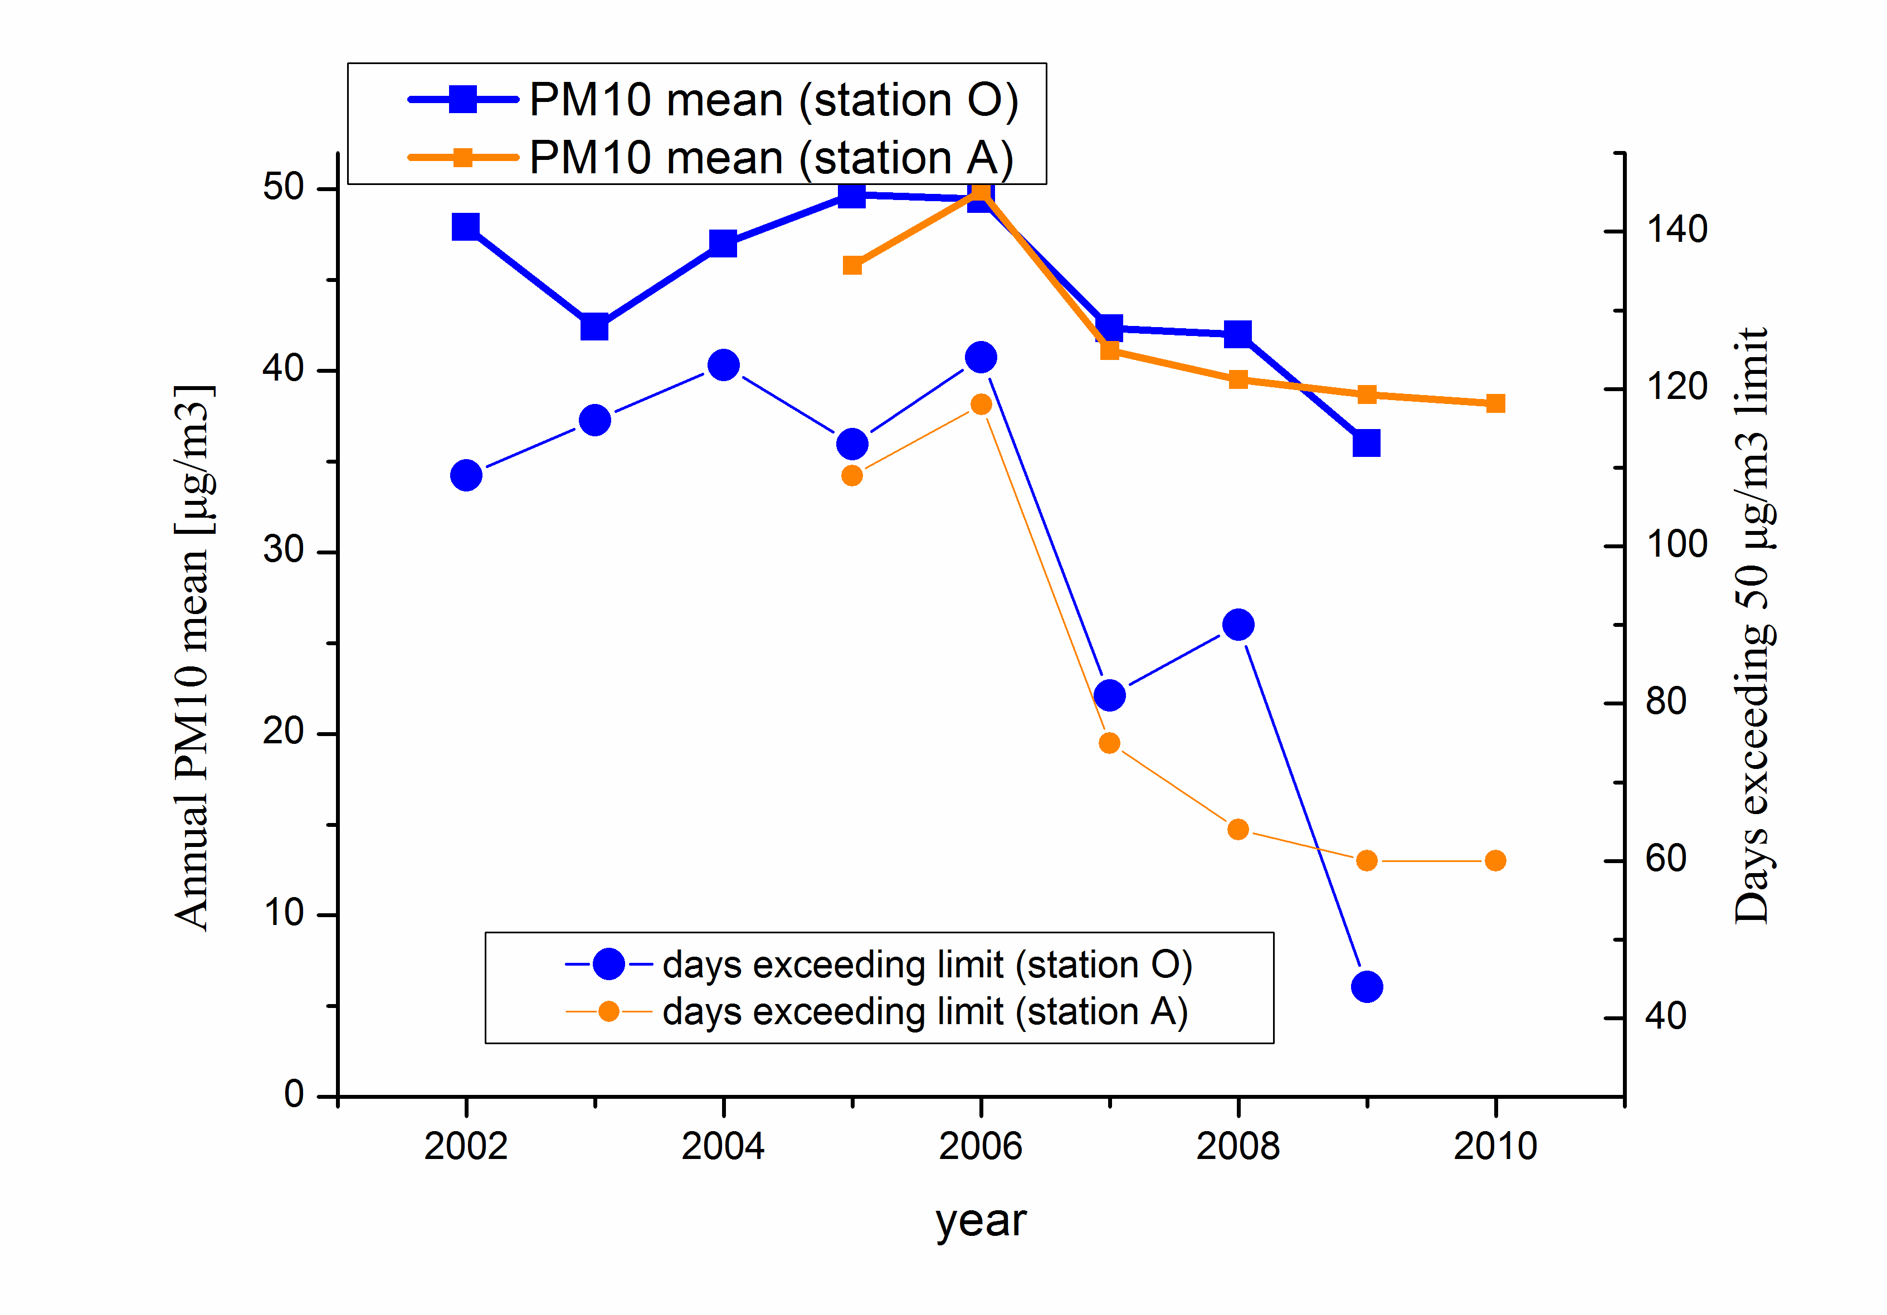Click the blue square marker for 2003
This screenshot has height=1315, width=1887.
(x=594, y=327)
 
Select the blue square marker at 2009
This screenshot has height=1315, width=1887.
(x=1366, y=443)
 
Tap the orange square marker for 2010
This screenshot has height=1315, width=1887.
(x=1496, y=403)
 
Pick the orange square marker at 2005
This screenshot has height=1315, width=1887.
(x=852, y=265)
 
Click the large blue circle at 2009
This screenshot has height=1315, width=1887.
(x=1366, y=986)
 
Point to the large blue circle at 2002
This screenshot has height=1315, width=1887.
(x=466, y=475)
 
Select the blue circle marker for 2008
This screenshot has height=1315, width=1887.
(x=1238, y=625)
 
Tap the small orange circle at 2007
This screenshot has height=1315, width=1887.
(x=1109, y=743)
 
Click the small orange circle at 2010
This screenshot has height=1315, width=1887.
(x=1496, y=860)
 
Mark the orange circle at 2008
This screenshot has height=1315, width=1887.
(x=1238, y=829)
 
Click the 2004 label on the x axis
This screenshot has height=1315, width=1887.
(x=723, y=1146)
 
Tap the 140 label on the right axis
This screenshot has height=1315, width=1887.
(x=1676, y=230)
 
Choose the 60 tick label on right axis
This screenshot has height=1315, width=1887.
(x=1666, y=859)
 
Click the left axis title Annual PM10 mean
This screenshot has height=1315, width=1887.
(x=194, y=657)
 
